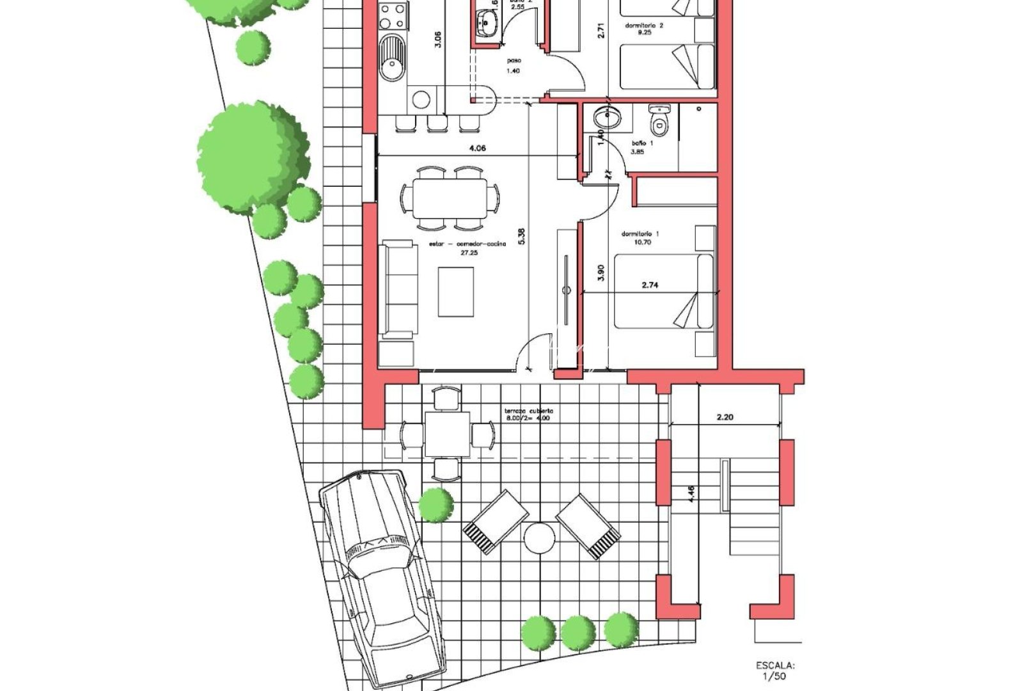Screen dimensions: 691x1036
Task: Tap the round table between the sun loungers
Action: [x=539, y=538]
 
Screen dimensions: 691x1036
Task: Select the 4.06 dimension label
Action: [x=477, y=148]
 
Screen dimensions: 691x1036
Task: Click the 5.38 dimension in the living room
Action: [x=521, y=237]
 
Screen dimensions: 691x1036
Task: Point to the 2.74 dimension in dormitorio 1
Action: [x=650, y=285]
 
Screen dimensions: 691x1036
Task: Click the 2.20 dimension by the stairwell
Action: [x=725, y=417]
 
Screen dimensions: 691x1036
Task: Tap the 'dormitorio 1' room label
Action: [x=640, y=234]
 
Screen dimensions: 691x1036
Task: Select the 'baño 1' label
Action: [x=642, y=143]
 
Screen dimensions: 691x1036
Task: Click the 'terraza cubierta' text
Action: [x=528, y=411]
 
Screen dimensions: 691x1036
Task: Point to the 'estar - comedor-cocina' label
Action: [x=467, y=244]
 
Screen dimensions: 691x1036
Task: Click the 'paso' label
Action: [x=514, y=61]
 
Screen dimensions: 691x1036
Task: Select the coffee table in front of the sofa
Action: [x=456, y=292]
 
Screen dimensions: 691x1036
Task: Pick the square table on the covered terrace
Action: [x=448, y=434]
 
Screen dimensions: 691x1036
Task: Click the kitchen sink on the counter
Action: [x=391, y=58]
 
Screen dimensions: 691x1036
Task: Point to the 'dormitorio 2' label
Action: [x=644, y=26]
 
